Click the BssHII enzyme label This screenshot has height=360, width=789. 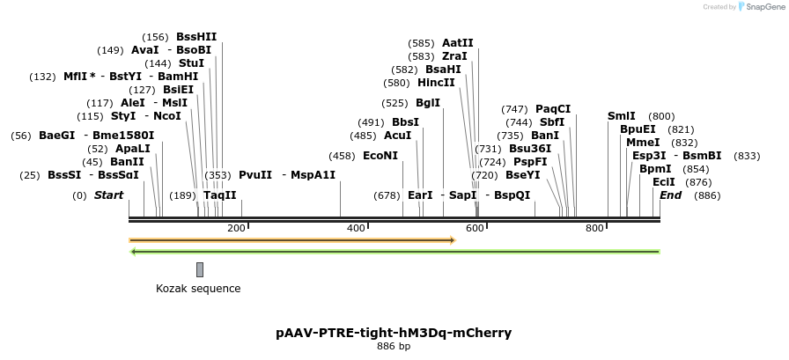click(x=196, y=37)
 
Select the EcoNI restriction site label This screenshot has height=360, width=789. click(x=380, y=156)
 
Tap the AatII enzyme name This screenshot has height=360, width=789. click(x=458, y=42)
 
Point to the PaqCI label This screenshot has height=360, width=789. click(x=553, y=109)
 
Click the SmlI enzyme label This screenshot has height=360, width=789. click(x=621, y=116)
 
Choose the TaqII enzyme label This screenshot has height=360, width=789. click(x=220, y=195)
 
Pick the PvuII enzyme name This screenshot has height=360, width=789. click(x=255, y=175)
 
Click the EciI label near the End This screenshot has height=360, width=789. click(x=664, y=182)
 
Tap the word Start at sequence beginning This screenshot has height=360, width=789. click(x=108, y=195)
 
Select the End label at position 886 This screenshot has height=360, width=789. click(x=670, y=195)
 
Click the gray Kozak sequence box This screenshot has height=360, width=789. click(x=200, y=269)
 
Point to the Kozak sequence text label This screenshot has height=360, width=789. click(x=198, y=289)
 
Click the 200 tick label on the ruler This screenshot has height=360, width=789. click(x=236, y=229)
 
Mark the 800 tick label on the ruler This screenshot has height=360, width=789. click(x=594, y=229)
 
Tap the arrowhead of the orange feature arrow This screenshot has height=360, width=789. click(x=452, y=239)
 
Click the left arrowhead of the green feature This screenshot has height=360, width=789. click(x=133, y=252)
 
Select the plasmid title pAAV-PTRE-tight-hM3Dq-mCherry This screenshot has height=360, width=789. click(x=394, y=333)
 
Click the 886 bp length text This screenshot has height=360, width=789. click(x=394, y=347)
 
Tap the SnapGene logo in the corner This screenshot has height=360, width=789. click(x=758, y=7)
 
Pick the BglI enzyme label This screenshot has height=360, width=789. click(x=428, y=103)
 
